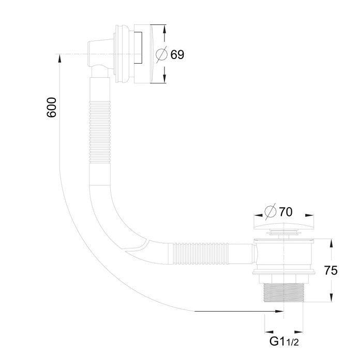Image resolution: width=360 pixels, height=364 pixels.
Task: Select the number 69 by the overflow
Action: [x=177, y=54]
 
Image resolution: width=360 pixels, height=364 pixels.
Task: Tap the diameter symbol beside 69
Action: [x=161, y=54]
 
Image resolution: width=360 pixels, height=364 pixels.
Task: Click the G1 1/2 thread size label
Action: [x=283, y=342]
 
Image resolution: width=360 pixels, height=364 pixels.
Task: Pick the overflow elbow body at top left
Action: [x=98, y=57]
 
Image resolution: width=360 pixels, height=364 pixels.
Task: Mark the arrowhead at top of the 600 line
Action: [x=60, y=58]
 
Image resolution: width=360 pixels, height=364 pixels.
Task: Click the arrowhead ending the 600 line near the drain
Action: [x=279, y=311]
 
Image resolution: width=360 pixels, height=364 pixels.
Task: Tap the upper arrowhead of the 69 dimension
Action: [x=164, y=28]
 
